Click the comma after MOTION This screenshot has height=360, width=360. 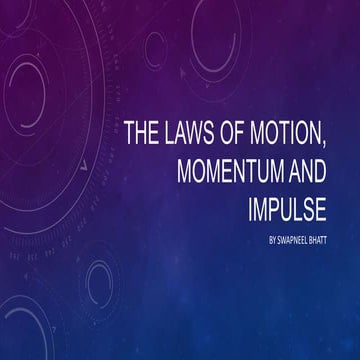click(338, 141)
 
